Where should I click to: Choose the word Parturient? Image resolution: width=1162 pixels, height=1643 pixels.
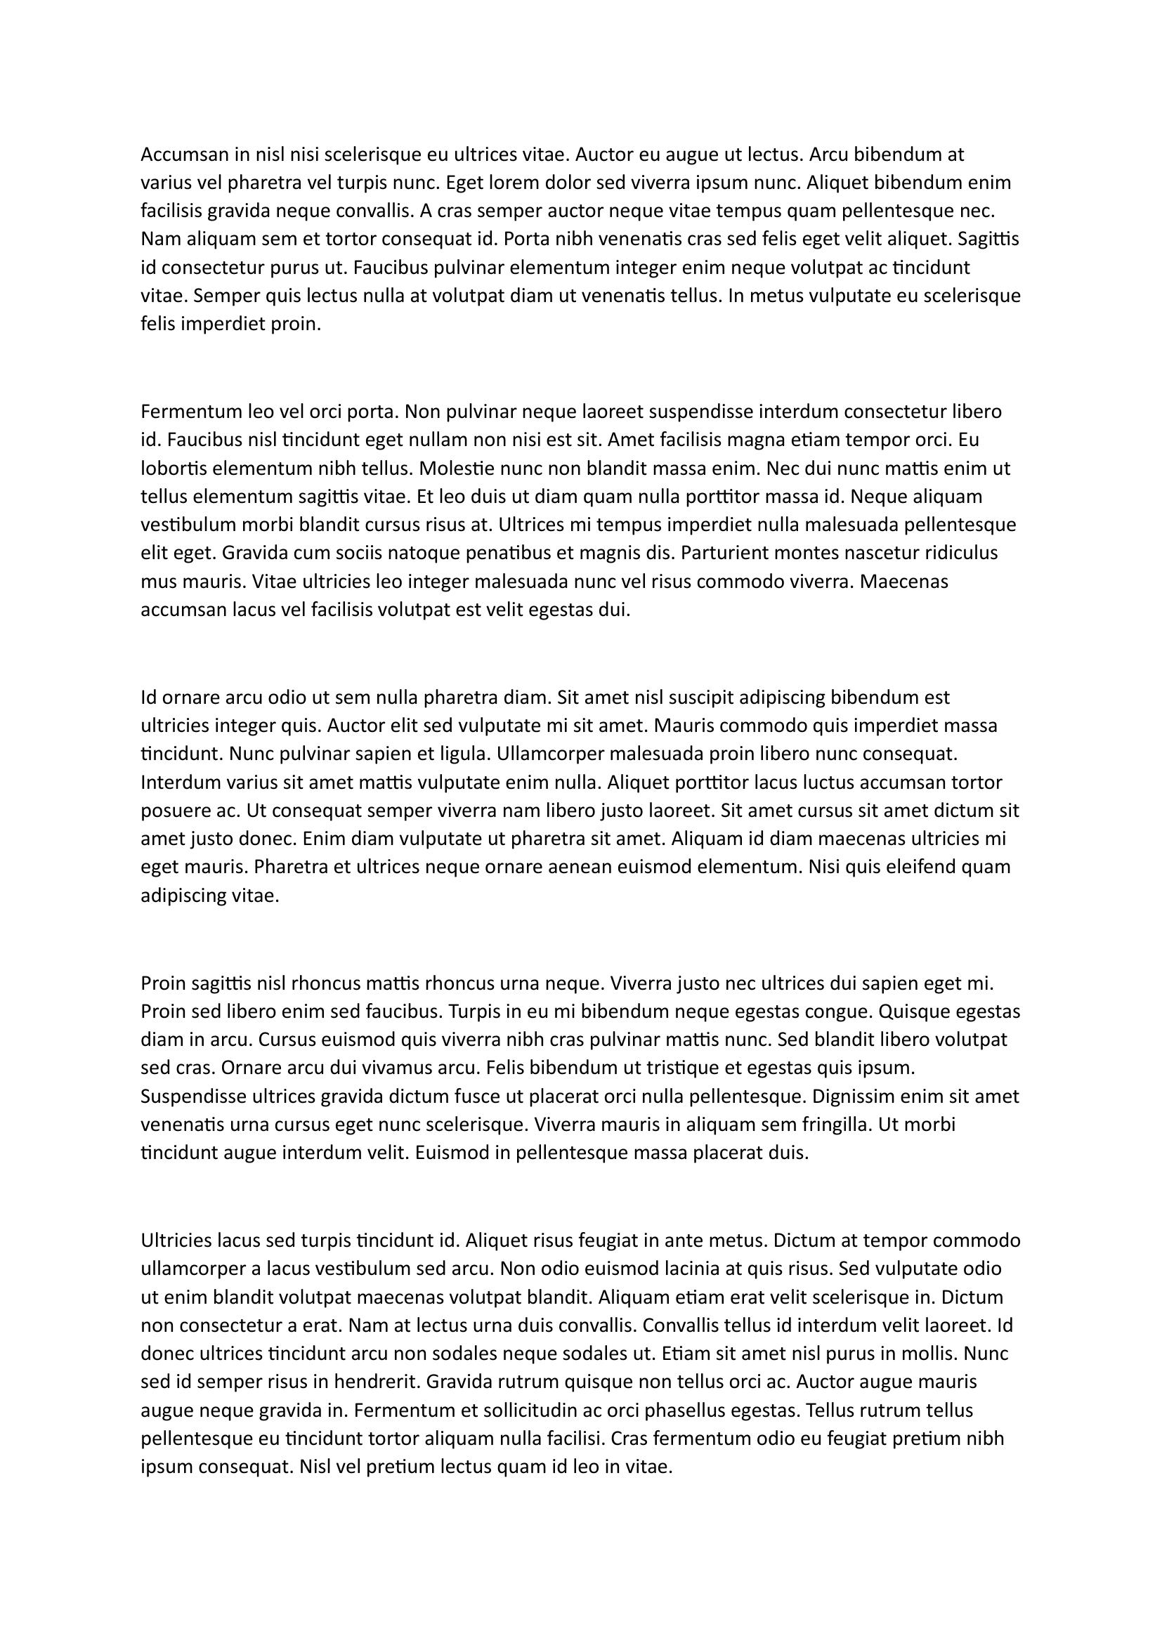pyautogui.click(x=726, y=553)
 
